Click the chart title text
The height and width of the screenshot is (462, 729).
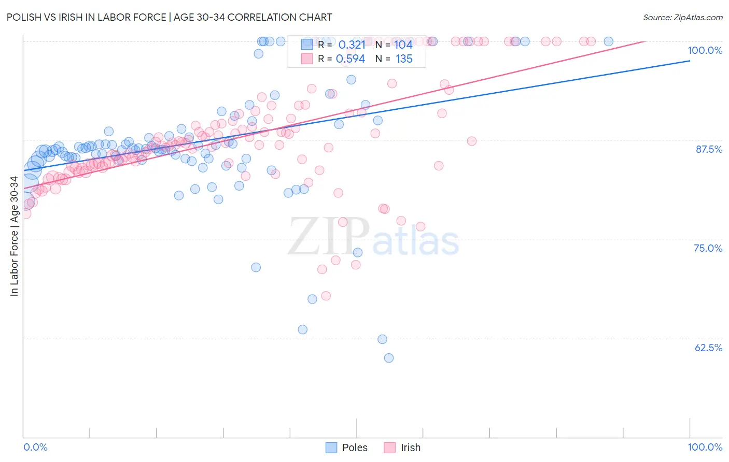pyautogui.click(x=170, y=17)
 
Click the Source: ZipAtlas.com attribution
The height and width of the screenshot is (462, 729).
pyautogui.click(x=682, y=17)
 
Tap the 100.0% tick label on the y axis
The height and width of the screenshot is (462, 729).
pyautogui.click(x=705, y=50)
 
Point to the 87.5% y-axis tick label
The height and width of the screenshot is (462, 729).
pyautogui.click(x=709, y=149)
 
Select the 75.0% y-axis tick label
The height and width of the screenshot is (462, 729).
pyautogui.click(x=708, y=248)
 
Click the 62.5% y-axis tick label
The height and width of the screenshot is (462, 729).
pyautogui.click(x=708, y=348)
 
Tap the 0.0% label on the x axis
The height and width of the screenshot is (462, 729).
pyautogui.click(x=35, y=447)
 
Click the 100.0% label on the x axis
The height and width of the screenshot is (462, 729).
pyautogui.click(x=705, y=447)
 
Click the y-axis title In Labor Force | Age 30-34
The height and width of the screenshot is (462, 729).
pyautogui.click(x=14, y=236)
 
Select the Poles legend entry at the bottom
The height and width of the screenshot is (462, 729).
pyautogui.click(x=354, y=447)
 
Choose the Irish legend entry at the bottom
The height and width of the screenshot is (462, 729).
pyautogui.click(x=410, y=447)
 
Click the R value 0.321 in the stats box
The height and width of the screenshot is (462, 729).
pyautogui.click(x=352, y=45)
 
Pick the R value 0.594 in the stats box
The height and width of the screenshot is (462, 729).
pyautogui.click(x=351, y=59)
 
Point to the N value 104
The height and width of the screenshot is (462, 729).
pyautogui.click(x=403, y=45)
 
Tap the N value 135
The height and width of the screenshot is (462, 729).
pyautogui.click(x=404, y=59)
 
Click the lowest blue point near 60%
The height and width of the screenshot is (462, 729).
pyautogui.click(x=389, y=358)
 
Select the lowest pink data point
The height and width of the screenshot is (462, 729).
pyautogui.click(x=326, y=296)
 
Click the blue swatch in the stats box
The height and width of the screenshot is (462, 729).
pyautogui.click(x=307, y=45)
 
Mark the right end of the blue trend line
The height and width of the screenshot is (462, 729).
pyautogui.click(x=690, y=61)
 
